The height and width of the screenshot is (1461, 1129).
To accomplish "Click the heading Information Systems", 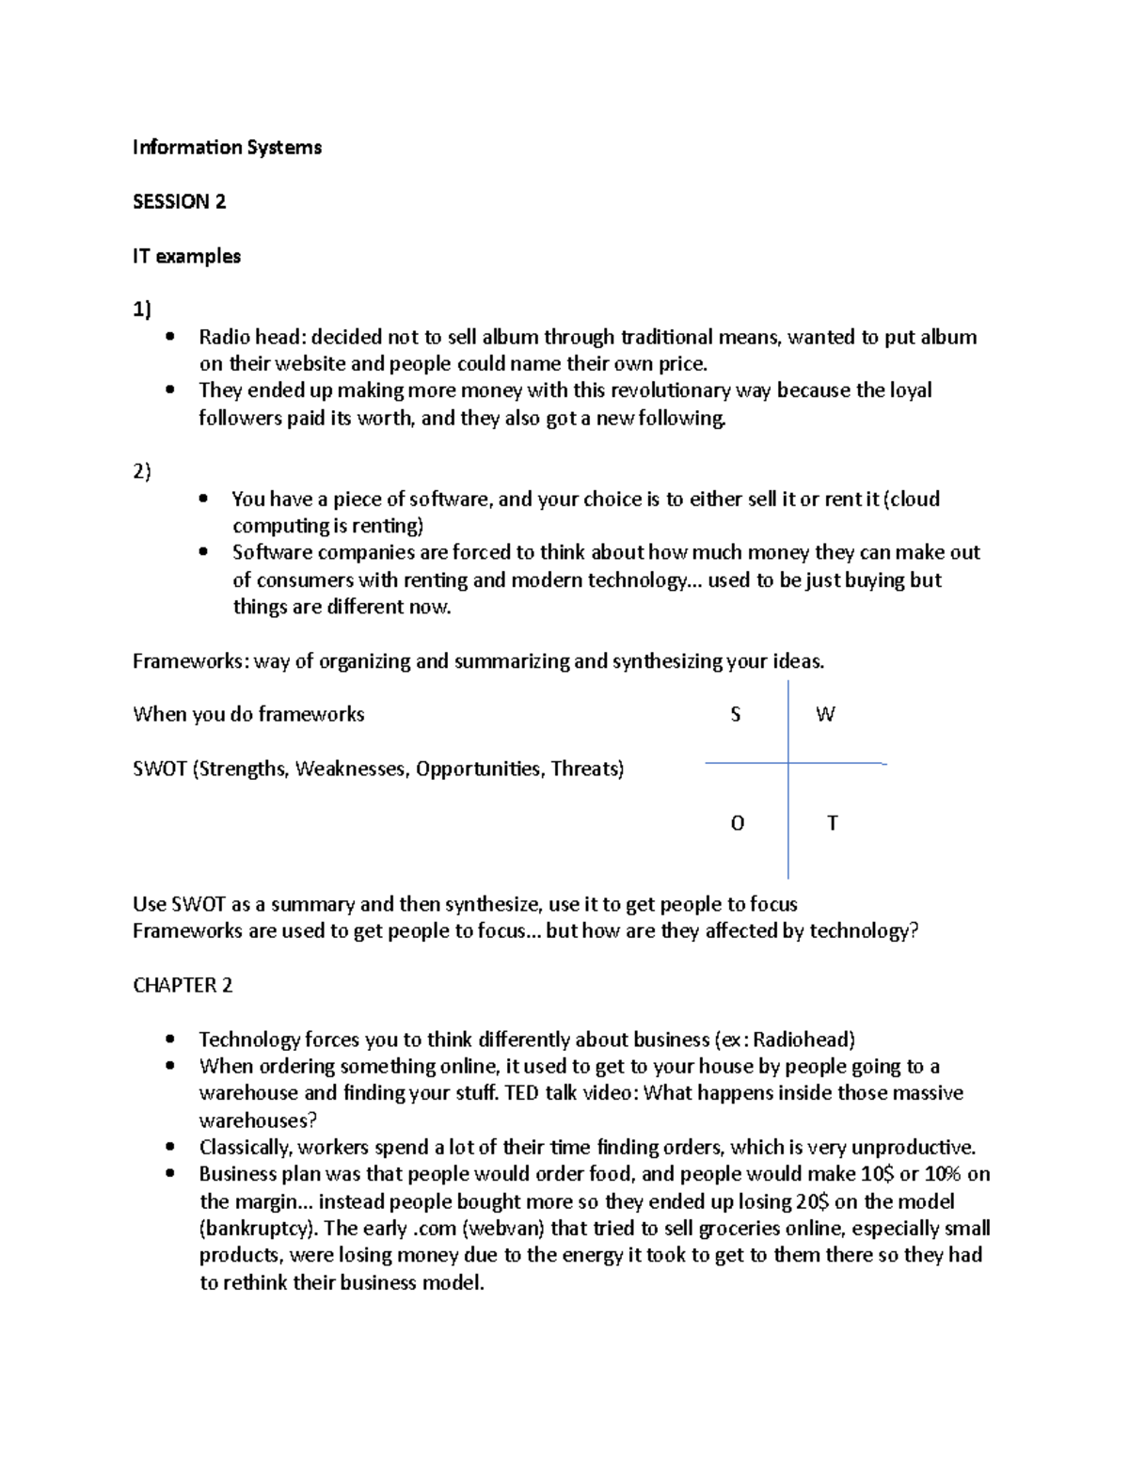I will tap(227, 148).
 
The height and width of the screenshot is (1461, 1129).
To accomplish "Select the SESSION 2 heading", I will tap(179, 201).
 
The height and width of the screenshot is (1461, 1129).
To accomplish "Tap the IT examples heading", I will tap(186, 256).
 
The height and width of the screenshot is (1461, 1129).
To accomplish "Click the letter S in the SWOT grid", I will tap(736, 715).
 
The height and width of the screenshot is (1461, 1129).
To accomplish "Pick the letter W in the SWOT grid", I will tap(825, 715).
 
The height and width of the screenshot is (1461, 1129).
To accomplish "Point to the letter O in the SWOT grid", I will tap(737, 824).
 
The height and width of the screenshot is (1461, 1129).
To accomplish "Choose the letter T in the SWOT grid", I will tap(832, 824).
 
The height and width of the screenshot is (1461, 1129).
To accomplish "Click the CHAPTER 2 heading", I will tap(183, 986).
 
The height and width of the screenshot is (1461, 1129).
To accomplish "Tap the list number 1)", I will tap(142, 310).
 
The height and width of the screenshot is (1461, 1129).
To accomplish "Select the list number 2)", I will tap(142, 472).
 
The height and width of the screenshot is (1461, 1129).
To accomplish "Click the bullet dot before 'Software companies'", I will tap(203, 553).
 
